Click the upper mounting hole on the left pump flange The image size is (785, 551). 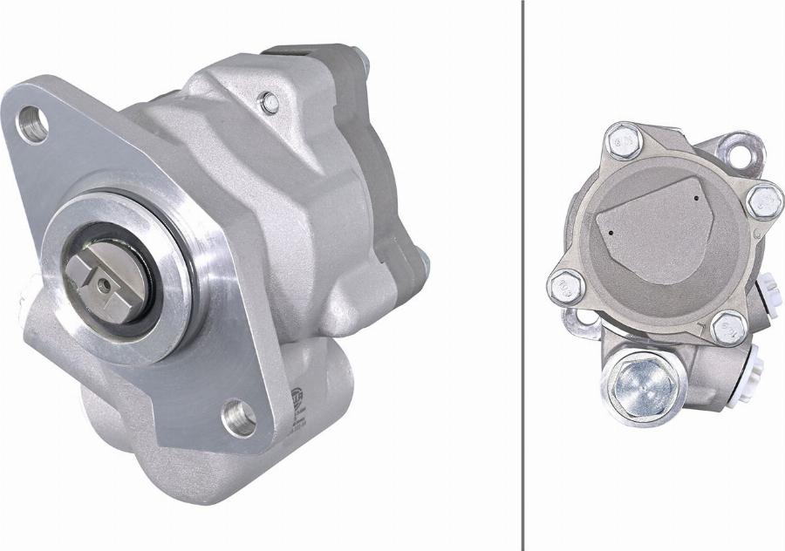click(x=33, y=123)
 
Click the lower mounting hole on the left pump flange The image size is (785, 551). click(x=237, y=418)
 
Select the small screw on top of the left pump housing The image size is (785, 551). click(x=270, y=103)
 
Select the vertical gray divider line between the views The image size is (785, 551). click(x=522, y=275)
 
